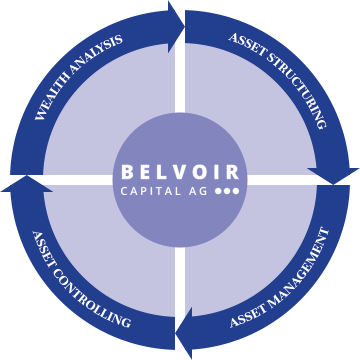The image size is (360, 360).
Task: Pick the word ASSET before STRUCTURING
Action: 245,44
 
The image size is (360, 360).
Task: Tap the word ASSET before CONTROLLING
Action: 42,247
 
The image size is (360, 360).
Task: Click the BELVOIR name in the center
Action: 180,172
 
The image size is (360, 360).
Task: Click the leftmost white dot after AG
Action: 218,191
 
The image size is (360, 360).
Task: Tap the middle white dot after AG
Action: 227,191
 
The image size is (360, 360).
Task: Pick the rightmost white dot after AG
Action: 236,191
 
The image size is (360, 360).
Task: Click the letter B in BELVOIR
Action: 127,172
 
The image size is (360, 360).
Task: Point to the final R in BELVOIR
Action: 233,172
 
